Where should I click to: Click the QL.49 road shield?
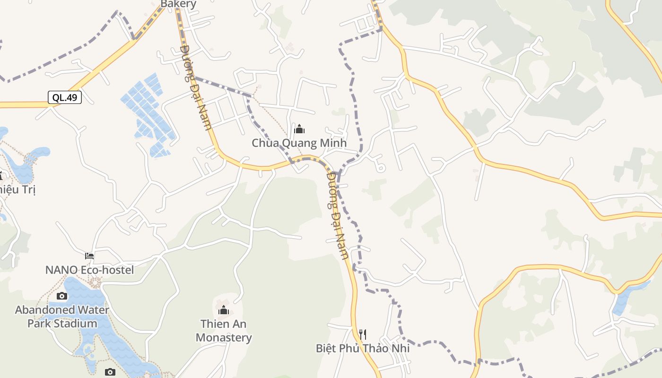(65, 98)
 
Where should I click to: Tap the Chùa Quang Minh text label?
(299, 143)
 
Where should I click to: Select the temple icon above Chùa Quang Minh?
(299, 129)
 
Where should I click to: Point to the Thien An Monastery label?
(224, 331)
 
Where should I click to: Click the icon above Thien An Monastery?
(224, 310)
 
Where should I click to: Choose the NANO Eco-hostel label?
(89, 270)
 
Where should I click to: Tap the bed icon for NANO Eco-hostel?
(89, 256)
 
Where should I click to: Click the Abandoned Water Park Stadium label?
(62, 317)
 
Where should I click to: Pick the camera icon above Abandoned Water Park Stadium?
(61, 296)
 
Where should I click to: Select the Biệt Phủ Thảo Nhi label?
(363, 348)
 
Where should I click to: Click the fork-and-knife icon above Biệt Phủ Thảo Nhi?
(363, 335)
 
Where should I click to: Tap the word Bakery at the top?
(178, 4)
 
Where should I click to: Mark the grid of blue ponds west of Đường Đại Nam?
(148, 113)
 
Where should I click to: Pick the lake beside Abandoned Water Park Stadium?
(102, 326)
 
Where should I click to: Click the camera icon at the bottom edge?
(110, 372)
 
